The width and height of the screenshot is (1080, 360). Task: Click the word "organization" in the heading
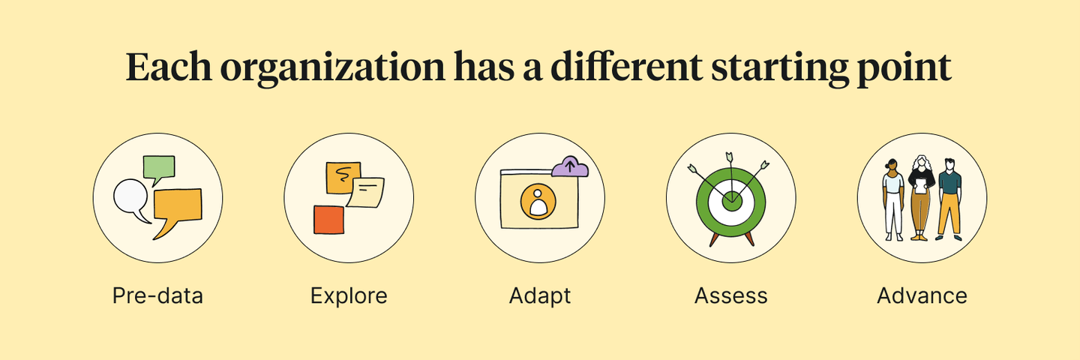click(x=332, y=67)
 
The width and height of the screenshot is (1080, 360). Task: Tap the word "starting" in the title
click(x=779, y=67)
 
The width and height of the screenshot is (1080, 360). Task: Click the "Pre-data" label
click(x=157, y=295)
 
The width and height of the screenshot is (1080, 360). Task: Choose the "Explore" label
click(x=349, y=295)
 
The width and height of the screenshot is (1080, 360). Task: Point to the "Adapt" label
click(x=540, y=295)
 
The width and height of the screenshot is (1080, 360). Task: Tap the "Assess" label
click(x=731, y=295)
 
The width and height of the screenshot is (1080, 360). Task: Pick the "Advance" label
click(x=922, y=295)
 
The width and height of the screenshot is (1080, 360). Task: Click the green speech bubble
click(x=159, y=168)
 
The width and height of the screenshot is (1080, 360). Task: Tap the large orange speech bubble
click(x=178, y=207)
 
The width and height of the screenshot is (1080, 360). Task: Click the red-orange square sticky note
click(x=328, y=220)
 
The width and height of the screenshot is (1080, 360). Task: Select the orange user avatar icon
click(x=538, y=202)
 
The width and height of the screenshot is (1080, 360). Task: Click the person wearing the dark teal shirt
click(x=949, y=199)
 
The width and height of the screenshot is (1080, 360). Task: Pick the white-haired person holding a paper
click(x=921, y=197)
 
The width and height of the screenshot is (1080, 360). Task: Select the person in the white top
click(x=893, y=199)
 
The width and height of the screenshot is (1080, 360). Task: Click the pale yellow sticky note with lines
click(x=366, y=193)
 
